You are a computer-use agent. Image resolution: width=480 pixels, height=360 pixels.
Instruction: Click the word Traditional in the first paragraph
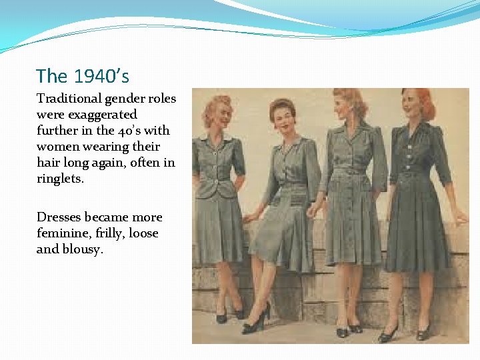coord(69,99)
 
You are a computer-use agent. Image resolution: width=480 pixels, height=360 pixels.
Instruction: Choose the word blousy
coord(83,249)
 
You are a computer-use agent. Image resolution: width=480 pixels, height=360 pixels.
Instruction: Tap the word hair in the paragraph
coord(48,163)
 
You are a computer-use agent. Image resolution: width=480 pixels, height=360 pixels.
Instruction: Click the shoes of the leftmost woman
coord(230,315)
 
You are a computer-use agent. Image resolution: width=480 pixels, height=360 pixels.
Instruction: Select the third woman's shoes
coord(348,329)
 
